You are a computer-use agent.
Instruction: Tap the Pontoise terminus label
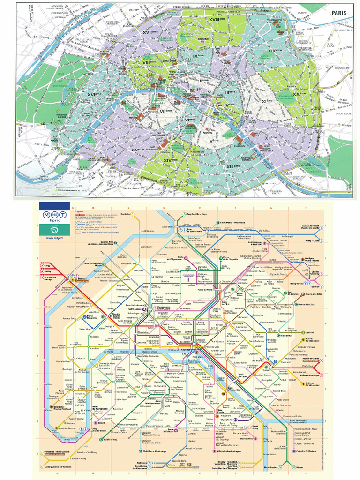point(126,214)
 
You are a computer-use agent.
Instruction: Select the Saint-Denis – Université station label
point(233,222)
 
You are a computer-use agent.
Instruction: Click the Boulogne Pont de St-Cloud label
point(65,408)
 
